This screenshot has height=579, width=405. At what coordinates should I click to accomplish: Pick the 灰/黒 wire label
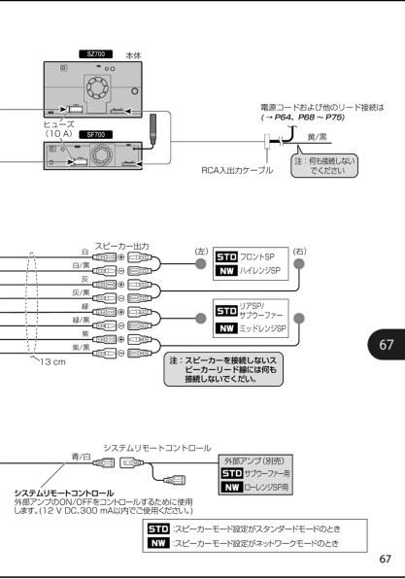pyautogui.click(x=83, y=291)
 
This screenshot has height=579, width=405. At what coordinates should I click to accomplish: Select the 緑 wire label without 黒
pyautogui.click(x=85, y=305)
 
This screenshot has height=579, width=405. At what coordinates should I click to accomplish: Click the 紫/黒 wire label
pyautogui.click(x=83, y=346)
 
